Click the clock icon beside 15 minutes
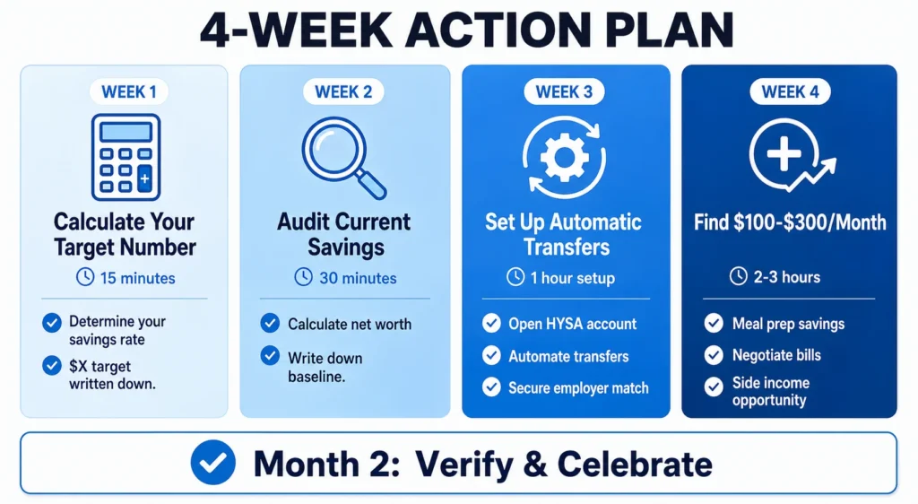click(85, 278)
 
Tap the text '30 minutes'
click(356, 278)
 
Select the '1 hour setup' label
click(573, 278)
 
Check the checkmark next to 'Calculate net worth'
click(269, 324)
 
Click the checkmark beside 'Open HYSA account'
click(490, 324)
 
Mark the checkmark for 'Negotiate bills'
click(714, 355)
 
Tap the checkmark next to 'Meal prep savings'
click(714, 324)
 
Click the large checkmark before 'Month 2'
click(213, 463)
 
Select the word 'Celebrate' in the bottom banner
click(635, 464)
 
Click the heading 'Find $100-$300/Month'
click(789, 222)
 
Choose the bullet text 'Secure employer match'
click(578, 387)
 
